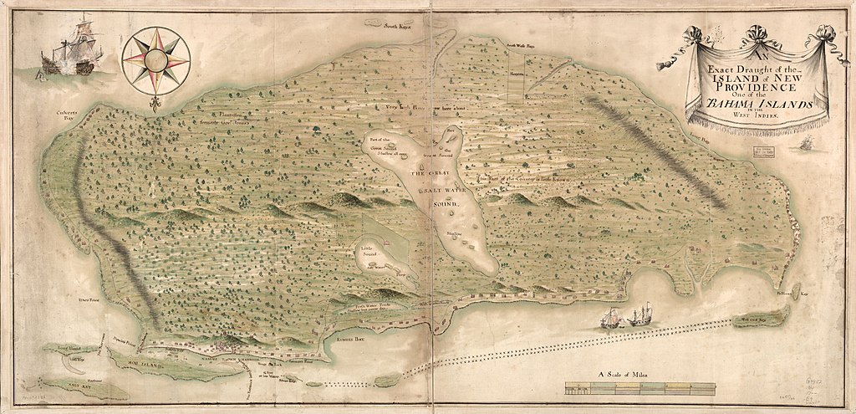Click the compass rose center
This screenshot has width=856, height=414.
(155, 59)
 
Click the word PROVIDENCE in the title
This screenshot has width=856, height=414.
(754, 87)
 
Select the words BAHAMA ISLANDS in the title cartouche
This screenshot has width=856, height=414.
(755, 104)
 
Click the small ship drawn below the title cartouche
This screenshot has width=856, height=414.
(807, 144)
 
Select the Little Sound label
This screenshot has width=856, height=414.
(369, 250)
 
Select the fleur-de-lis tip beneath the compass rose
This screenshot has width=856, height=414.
(155, 105)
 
